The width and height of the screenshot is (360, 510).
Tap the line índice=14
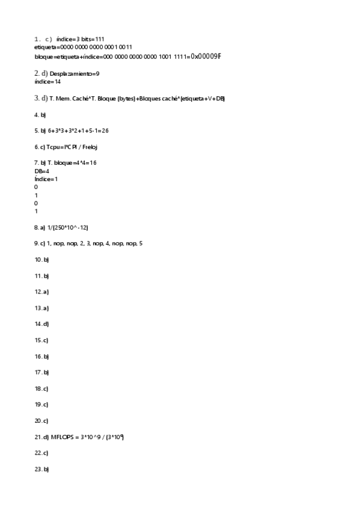(x=48, y=81)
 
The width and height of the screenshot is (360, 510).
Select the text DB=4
(x=42, y=171)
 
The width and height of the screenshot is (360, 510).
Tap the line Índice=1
(x=46, y=179)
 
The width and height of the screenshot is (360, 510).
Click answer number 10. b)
(x=41, y=260)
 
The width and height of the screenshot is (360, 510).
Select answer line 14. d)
(x=41, y=324)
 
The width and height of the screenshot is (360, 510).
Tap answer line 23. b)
(x=41, y=469)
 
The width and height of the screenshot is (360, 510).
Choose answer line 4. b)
(x=40, y=114)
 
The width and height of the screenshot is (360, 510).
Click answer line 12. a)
(x=41, y=292)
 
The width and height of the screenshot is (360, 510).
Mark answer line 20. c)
(x=41, y=420)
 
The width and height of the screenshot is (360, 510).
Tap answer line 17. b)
(x=41, y=372)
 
